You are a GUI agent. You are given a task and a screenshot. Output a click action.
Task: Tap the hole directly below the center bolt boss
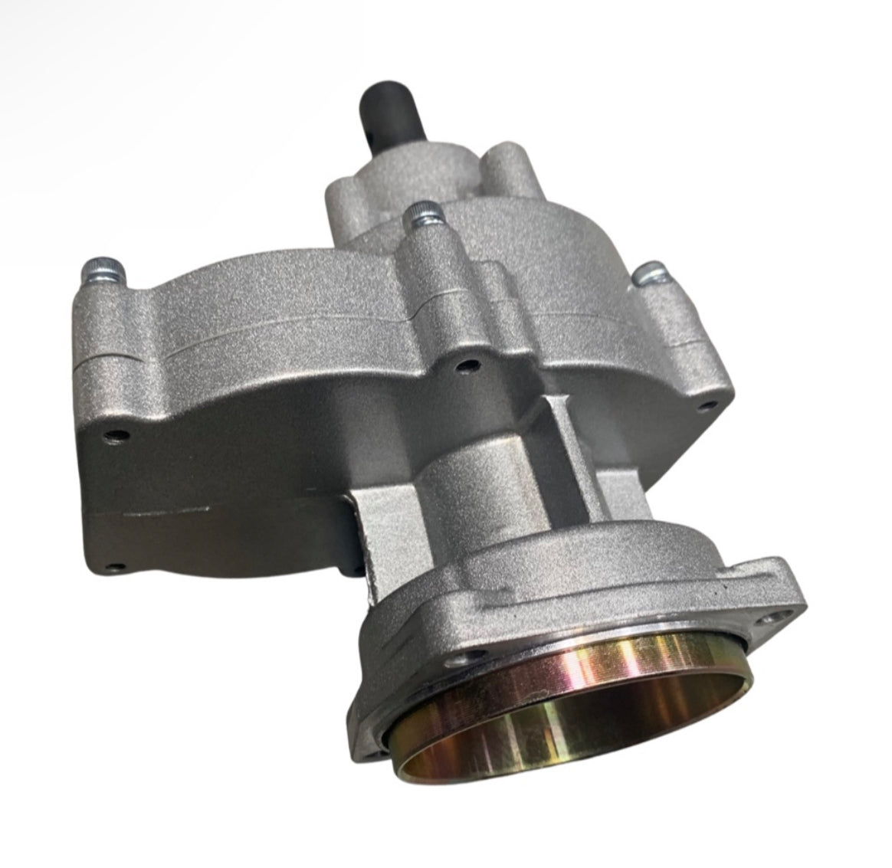point(461,366)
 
